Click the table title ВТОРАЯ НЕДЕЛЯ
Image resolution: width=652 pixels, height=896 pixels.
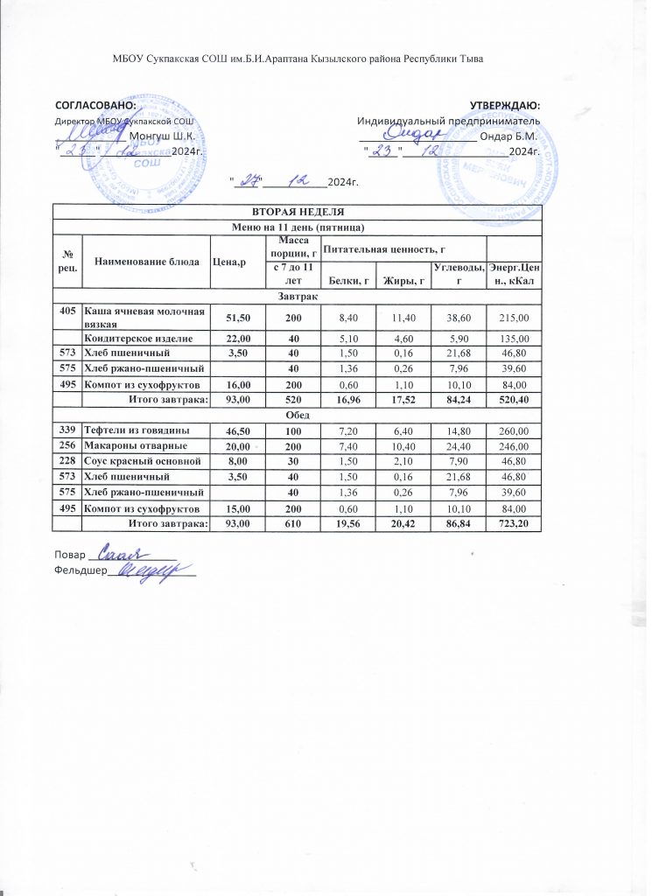[298, 212]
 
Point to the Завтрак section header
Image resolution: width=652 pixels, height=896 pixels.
[298, 297]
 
